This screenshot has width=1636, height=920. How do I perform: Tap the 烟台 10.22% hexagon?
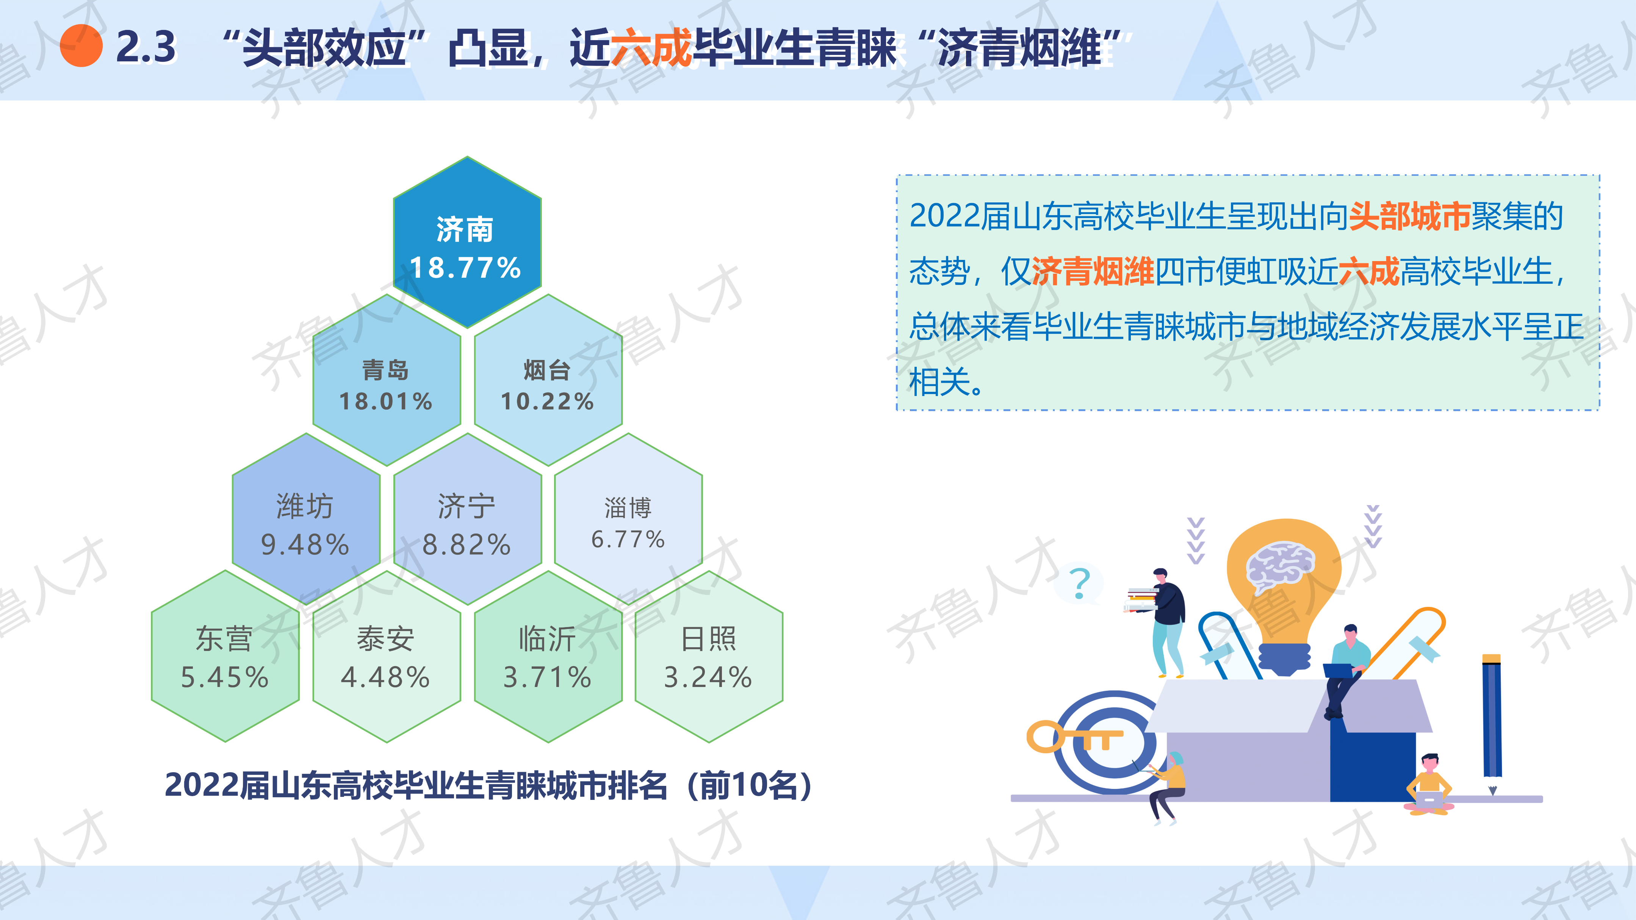pyautogui.click(x=548, y=380)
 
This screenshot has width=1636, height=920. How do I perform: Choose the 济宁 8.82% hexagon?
pyautogui.click(x=467, y=519)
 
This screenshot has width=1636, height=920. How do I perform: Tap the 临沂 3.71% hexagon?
pyautogui.click(x=548, y=656)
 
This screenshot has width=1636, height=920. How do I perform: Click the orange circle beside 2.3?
pyautogui.click(x=81, y=46)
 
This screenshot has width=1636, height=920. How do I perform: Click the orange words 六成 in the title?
pyautogui.click(x=651, y=47)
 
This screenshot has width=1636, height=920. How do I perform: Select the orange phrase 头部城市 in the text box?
pyautogui.click(x=1409, y=216)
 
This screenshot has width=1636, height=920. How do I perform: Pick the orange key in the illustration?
pyautogui.click(x=1073, y=737)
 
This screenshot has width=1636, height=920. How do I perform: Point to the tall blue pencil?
pyautogui.click(x=1492, y=724)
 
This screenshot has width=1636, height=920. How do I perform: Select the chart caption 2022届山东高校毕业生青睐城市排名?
pyautogui.click(x=416, y=785)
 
